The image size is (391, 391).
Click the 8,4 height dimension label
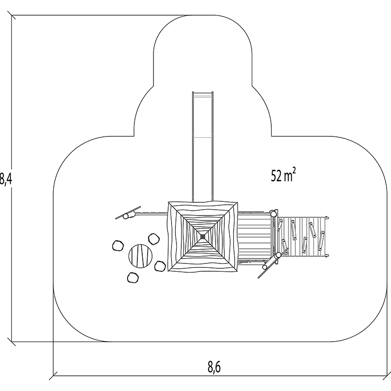(6, 179)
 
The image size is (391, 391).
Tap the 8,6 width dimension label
(214, 367)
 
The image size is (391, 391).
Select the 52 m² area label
(283, 175)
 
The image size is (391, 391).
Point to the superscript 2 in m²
(294, 172)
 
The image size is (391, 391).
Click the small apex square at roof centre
(203, 236)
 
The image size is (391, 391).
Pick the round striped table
(140, 256)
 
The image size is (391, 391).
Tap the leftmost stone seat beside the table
(118, 246)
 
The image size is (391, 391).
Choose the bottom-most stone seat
(132, 278)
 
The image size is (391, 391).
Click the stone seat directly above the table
(154, 239)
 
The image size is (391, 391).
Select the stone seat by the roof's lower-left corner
(160, 266)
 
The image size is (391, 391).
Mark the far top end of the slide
(203, 92)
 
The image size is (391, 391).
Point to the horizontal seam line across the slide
(203, 137)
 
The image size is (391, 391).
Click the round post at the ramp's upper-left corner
(274, 214)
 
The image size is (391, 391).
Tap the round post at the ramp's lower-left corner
(278, 255)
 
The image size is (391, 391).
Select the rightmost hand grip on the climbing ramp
(321, 240)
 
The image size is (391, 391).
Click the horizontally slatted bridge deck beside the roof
(254, 237)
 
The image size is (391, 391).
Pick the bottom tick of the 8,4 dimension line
(11, 342)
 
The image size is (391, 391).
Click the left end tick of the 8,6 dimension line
(53, 375)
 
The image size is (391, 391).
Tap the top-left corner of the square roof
(169, 202)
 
